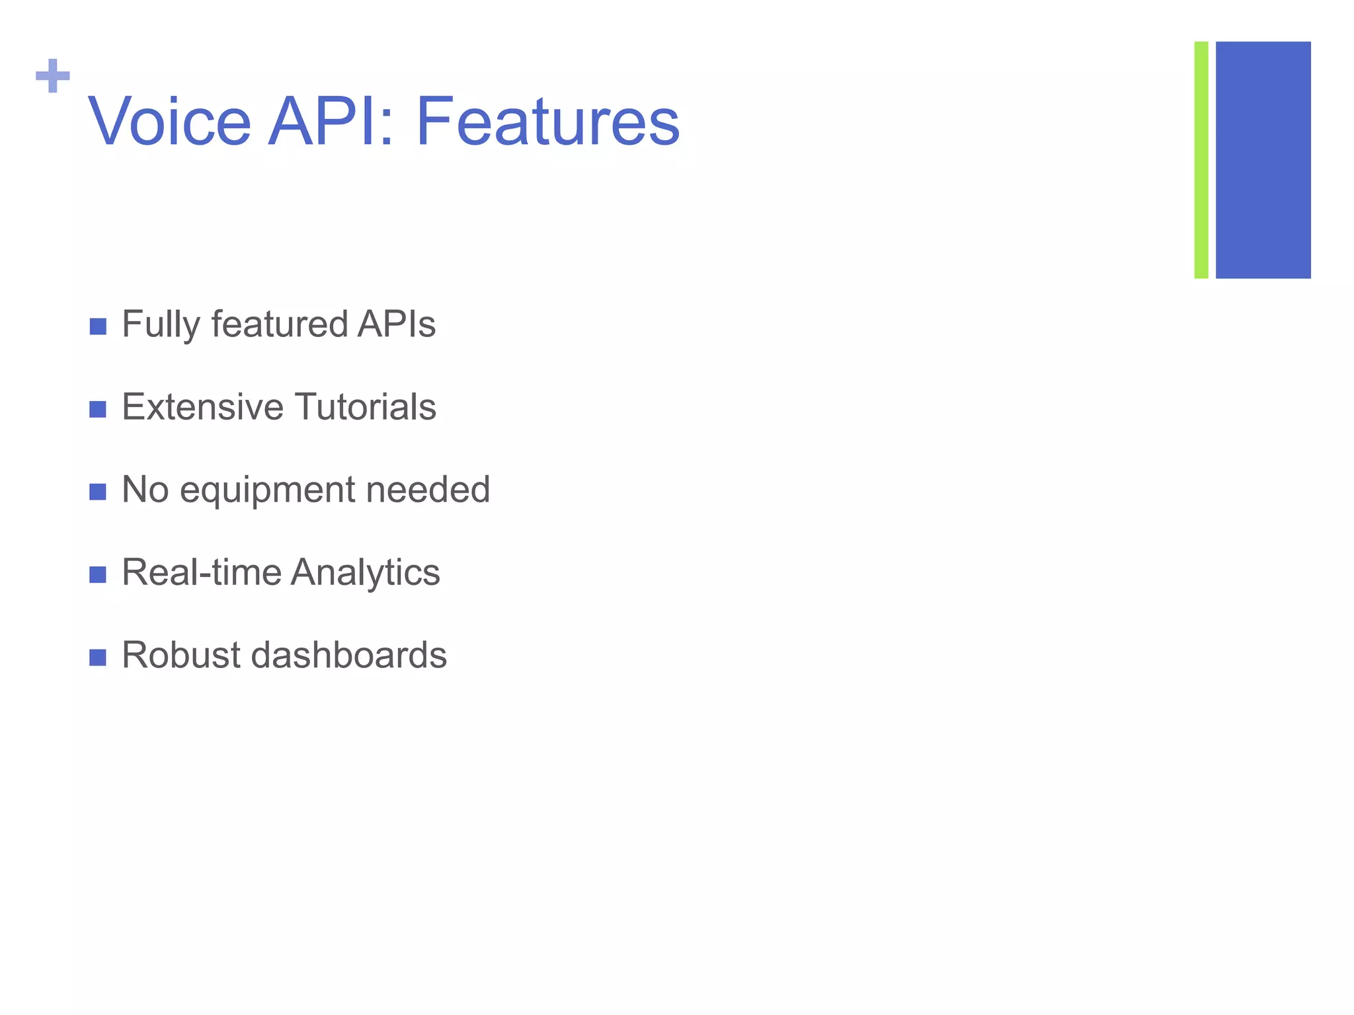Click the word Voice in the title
[170, 122]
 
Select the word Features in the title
[547, 122]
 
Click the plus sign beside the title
[53, 76]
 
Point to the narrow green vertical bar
[1201, 160]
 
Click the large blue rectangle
[1263, 160]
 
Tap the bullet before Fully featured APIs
[98, 326]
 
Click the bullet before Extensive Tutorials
[98, 409]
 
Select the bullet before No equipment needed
[98, 492]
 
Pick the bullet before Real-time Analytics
[98, 574]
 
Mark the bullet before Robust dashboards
[98, 657]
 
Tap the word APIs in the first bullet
[396, 324]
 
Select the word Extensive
[201, 407]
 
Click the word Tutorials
[365, 407]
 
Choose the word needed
[428, 490]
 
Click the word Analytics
[365, 573]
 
